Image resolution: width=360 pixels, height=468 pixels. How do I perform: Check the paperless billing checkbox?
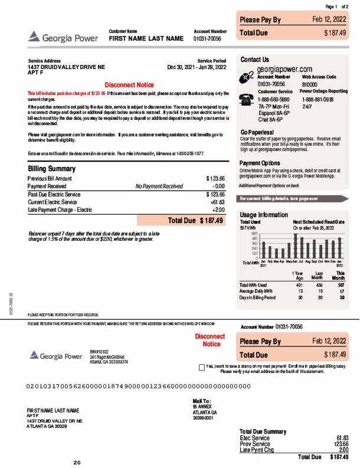point(202,366)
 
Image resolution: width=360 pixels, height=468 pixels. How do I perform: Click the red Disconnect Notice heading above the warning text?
point(129,84)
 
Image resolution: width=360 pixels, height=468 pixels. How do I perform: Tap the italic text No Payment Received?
point(159,186)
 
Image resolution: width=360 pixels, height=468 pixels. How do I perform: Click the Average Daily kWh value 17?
point(342,292)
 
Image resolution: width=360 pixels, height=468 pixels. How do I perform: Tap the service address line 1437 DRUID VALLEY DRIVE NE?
point(66,67)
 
